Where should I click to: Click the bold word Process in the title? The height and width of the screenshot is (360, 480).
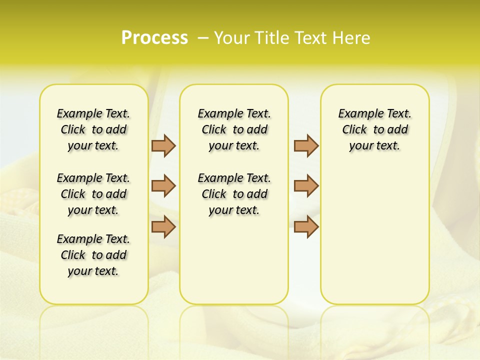pos(154,38)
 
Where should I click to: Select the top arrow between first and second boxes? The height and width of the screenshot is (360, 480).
pos(163,145)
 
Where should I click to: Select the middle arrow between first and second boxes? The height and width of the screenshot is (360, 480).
pos(163,185)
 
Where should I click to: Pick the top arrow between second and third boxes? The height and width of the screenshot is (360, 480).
pos(306,145)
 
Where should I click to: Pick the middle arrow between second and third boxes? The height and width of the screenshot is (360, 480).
pos(306,185)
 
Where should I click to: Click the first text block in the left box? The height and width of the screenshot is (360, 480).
pos(93,129)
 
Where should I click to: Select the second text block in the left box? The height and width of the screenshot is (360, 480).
pos(93,194)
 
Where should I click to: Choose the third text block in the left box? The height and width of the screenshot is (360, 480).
pos(93,255)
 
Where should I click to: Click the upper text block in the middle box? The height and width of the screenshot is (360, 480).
pos(234,129)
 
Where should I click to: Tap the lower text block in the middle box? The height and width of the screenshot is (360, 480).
pos(234,194)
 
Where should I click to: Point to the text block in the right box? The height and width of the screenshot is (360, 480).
pos(374,129)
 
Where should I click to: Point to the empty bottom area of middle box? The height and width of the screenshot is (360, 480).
pos(234,265)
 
